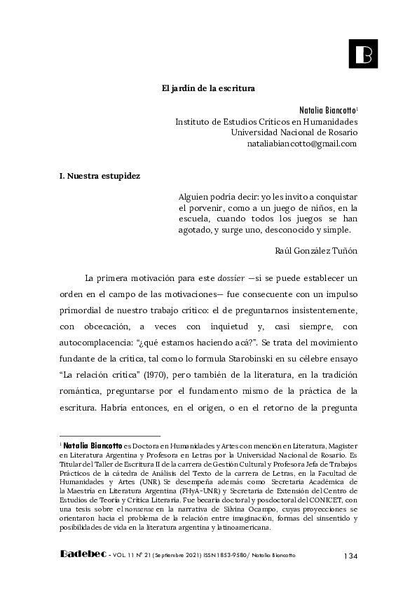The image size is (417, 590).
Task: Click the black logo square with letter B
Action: [x=363, y=53]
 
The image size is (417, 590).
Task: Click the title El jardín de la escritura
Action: [x=208, y=89]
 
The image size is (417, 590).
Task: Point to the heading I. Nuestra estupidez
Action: [x=100, y=176]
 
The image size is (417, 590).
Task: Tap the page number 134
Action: [x=350, y=556]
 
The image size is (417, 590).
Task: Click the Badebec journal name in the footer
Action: [x=82, y=555]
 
